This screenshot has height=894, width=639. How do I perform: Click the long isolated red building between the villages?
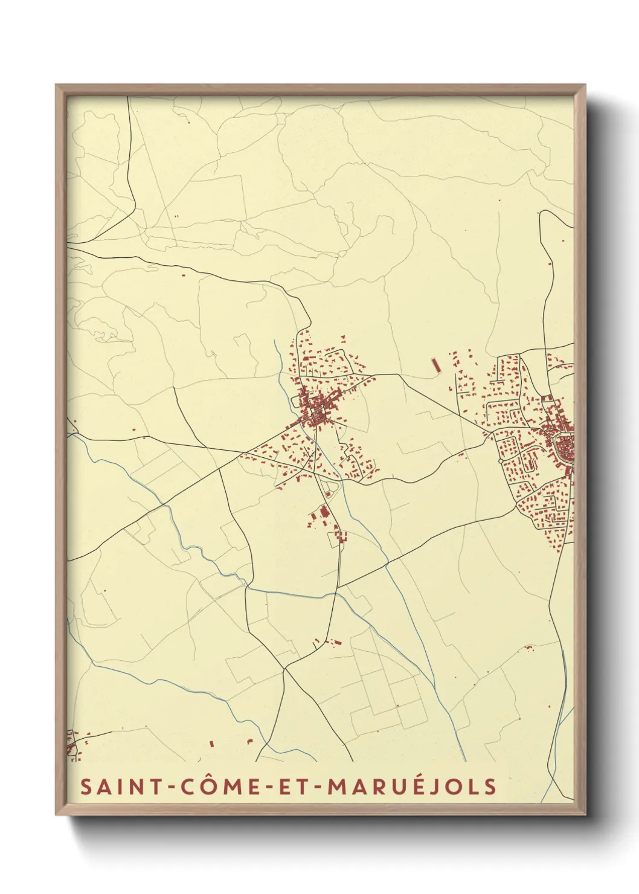(x=434, y=365)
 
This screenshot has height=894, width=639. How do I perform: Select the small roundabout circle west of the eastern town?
(x=501, y=461)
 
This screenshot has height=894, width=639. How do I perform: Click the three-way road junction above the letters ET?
(x=284, y=668)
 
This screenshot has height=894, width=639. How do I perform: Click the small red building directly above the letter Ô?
(x=211, y=744)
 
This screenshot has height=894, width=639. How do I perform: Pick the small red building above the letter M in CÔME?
(x=249, y=741)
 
